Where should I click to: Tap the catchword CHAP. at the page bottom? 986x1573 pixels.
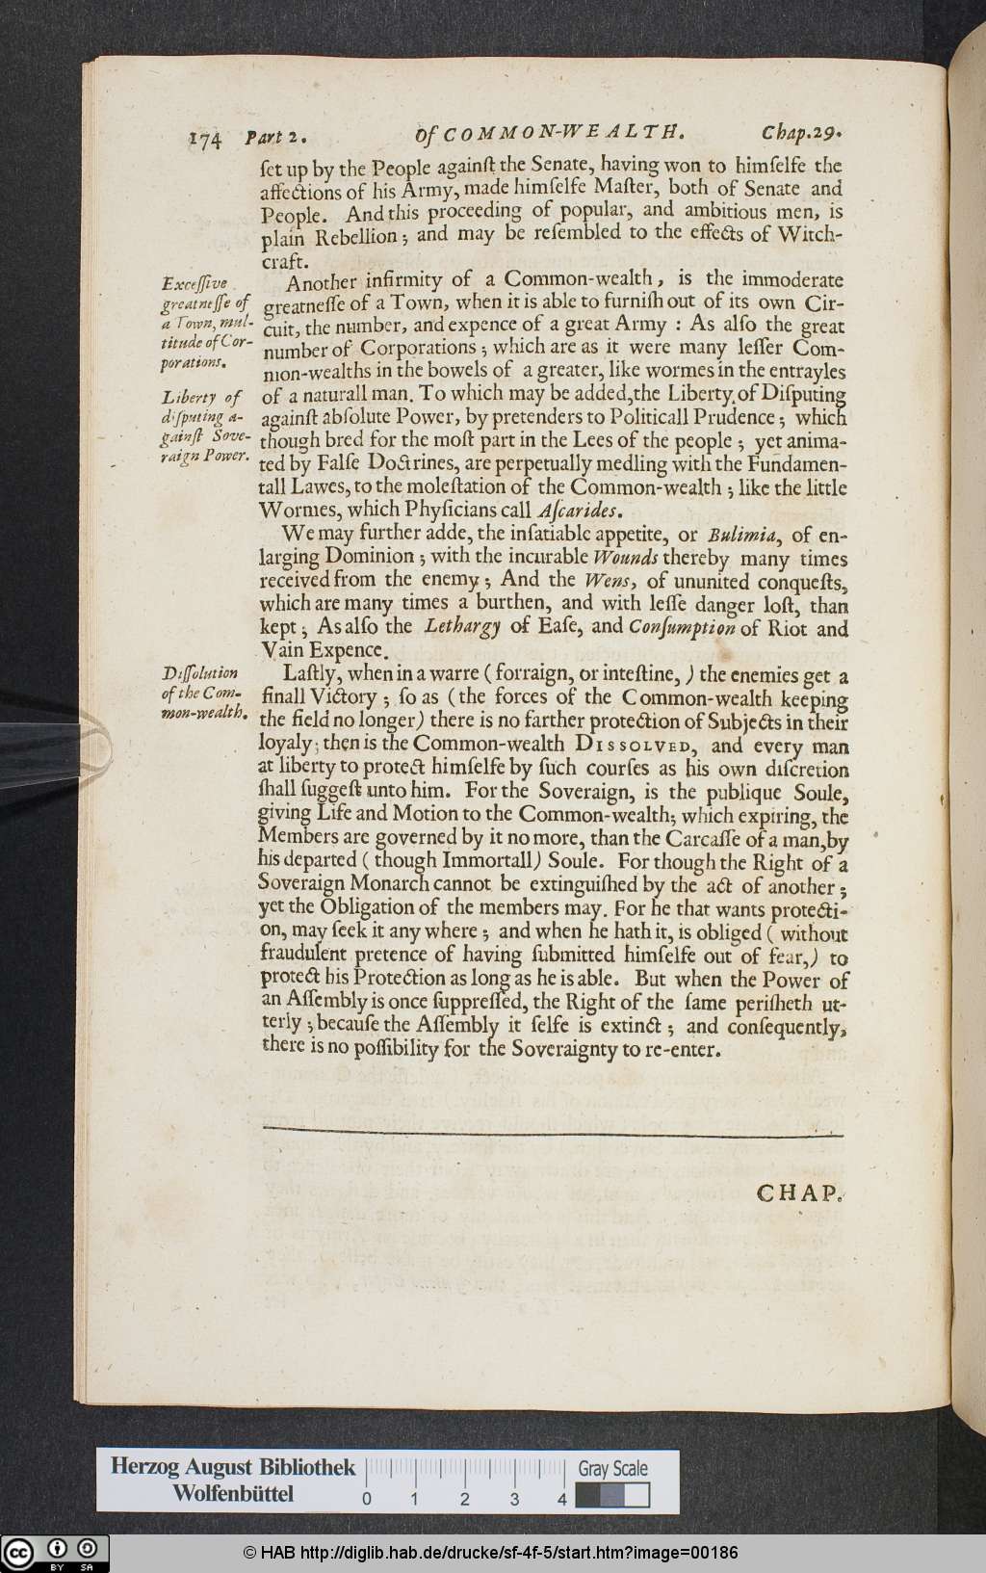(x=799, y=1193)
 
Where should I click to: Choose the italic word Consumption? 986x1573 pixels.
(x=683, y=628)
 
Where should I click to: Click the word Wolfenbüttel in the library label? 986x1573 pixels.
(x=233, y=1494)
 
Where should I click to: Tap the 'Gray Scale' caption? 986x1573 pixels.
(x=612, y=1469)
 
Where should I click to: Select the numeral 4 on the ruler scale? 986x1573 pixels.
(x=561, y=1499)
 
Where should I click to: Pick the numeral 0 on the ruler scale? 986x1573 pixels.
(x=367, y=1499)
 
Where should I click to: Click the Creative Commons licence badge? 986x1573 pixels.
(x=55, y=1553)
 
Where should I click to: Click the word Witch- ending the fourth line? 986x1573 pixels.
(x=810, y=234)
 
